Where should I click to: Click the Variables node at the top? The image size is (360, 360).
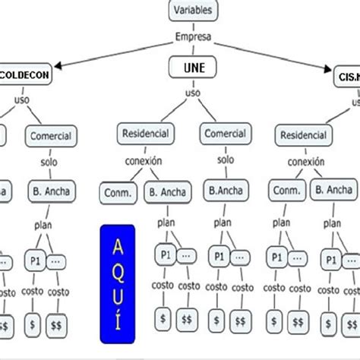tap(193, 11)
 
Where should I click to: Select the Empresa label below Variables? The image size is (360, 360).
tap(193, 36)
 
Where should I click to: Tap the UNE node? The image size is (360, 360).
tap(193, 68)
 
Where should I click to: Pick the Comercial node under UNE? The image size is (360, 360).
tap(226, 134)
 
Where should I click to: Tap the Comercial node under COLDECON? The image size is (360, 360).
tap(51, 137)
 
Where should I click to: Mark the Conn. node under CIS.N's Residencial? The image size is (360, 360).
tap(287, 190)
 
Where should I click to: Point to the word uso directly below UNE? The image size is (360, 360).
tap(193, 93)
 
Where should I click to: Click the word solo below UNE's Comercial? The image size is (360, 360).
tap(226, 161)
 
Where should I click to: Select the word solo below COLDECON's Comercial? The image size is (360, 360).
tap(50, 163)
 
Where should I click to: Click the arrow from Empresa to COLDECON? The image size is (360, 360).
tap(114, 55)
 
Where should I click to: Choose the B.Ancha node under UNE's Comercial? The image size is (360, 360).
tap(226, 189)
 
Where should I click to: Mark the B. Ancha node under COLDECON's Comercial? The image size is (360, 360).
tap(51, 190)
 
